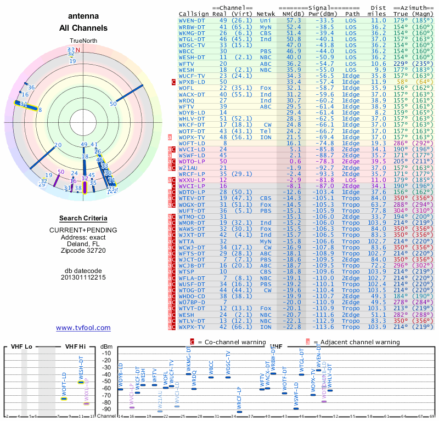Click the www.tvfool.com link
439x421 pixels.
click(83, 328)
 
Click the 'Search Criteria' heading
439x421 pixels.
click(83, 218)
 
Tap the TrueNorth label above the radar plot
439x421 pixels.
click(83, 41)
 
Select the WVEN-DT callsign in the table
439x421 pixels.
click(193, 20)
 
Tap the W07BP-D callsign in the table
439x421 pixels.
click(193, 303)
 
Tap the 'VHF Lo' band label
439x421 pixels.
click(22, 347)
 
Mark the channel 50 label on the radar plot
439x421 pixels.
click(114, 104)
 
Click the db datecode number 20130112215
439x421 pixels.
click(83, 277)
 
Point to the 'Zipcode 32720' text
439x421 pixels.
click(83, 251)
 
